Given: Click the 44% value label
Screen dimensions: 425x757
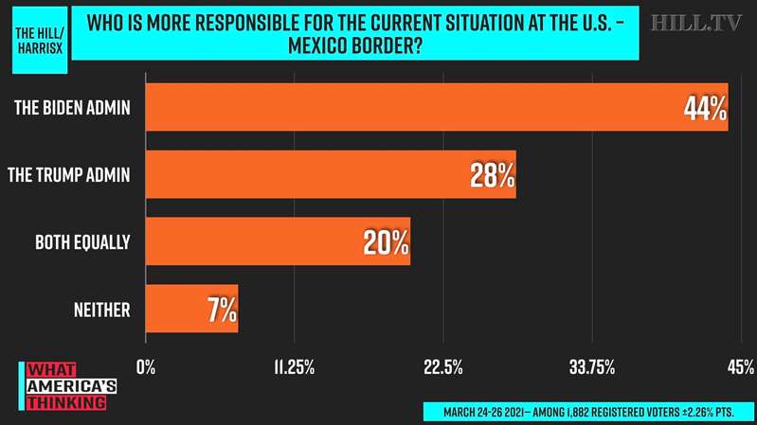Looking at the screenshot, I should [705, 108].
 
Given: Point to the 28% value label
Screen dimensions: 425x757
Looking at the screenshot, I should [493, 175].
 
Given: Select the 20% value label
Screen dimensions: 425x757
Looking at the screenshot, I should [387, 242].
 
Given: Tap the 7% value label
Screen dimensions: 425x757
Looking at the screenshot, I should [222, 310].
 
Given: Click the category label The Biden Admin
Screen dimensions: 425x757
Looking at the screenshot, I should [72, 108].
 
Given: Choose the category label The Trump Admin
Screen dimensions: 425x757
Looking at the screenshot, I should [68, 175].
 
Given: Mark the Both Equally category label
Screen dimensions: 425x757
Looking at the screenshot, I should [82, 242].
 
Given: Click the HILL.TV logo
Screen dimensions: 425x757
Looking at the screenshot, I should [697, 23].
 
